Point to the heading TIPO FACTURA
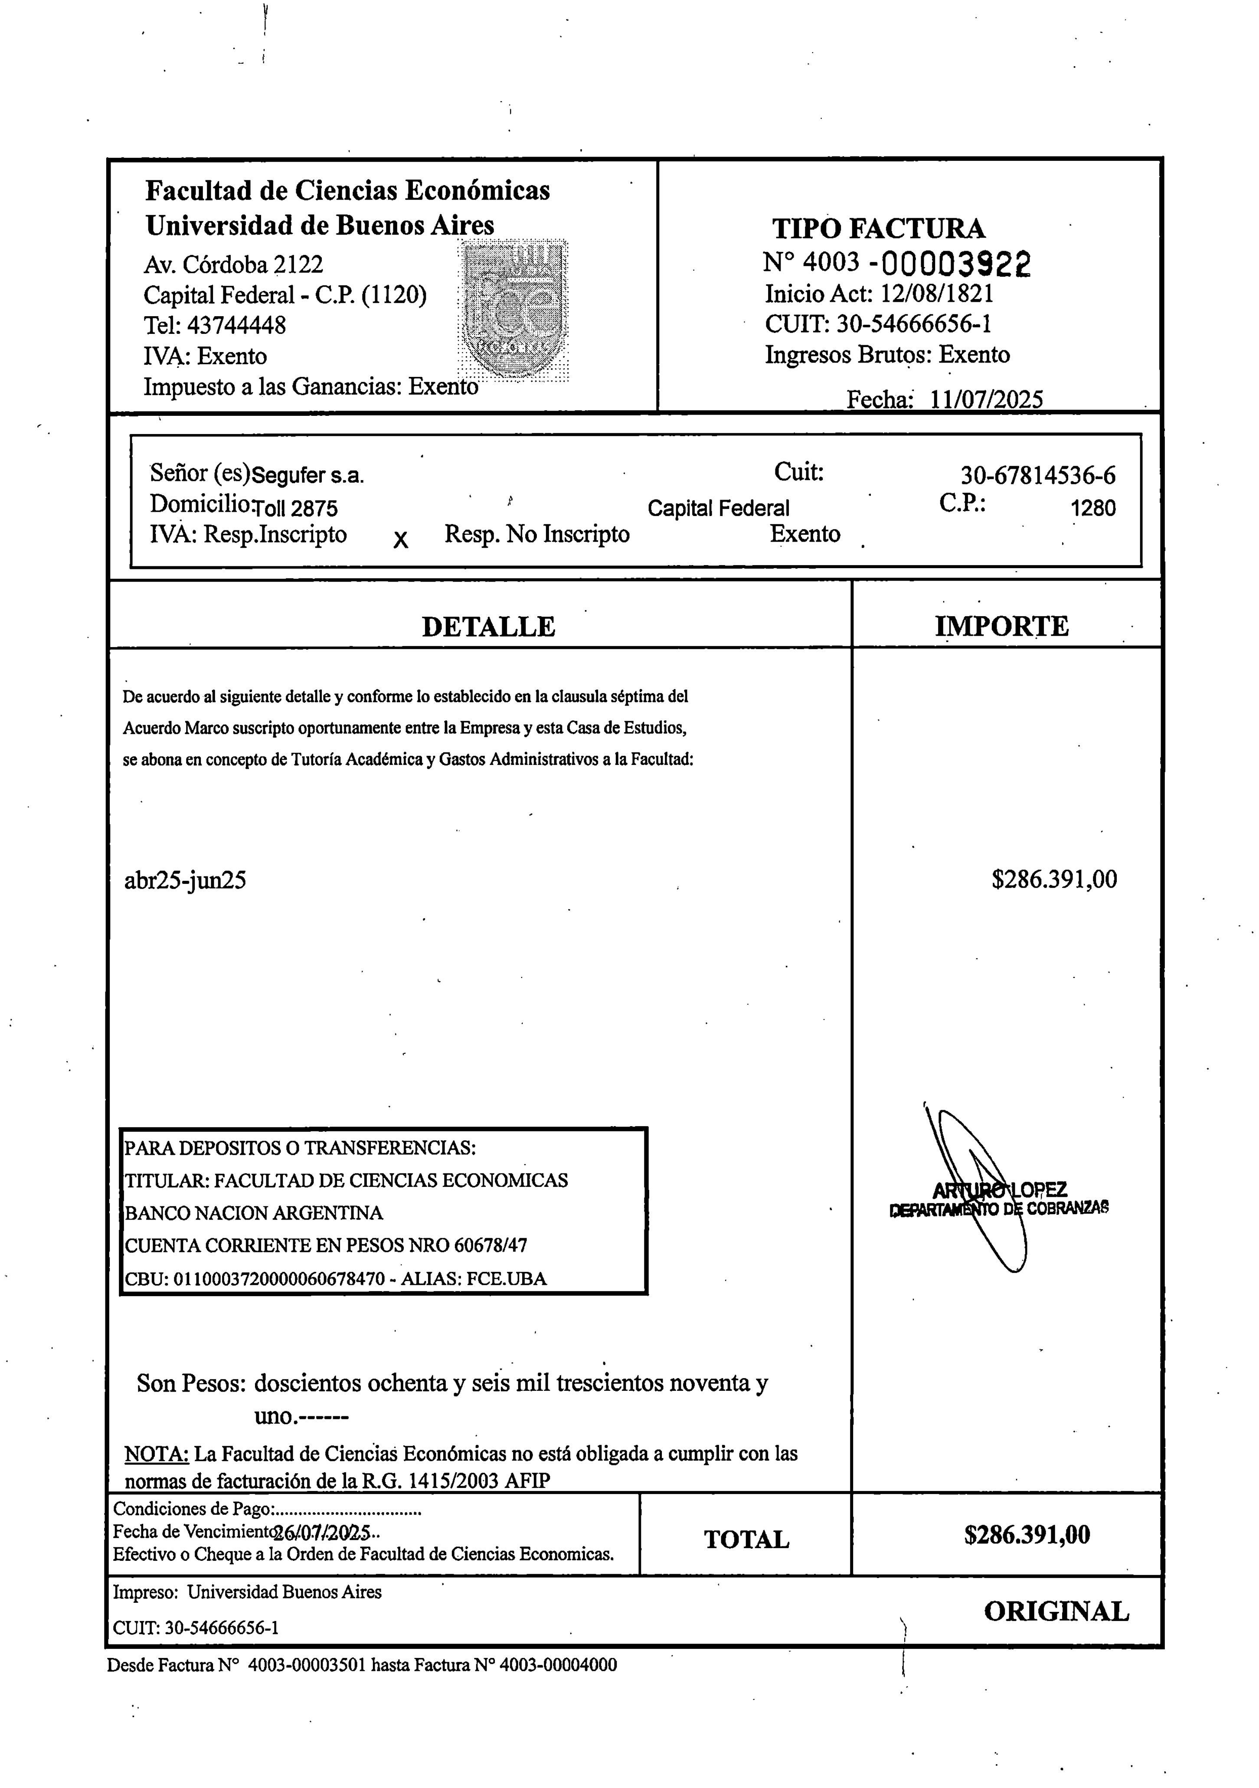(878, 228)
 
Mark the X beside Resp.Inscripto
(400, 539)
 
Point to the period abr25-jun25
(185, 881)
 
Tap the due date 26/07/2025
(321, 1533)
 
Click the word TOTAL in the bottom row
(746, 1540)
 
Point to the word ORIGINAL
(1056, 1611)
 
